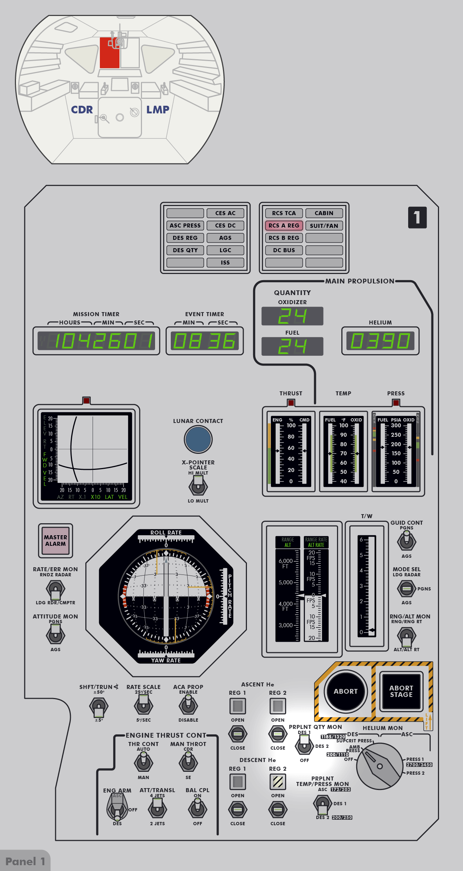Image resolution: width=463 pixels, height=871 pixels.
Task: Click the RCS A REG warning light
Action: click(284, 226)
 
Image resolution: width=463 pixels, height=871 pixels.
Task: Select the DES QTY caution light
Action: click(185, 250)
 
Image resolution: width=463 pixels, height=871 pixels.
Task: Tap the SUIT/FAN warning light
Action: click(324, 226)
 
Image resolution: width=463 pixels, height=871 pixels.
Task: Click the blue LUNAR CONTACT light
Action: click(198, 439)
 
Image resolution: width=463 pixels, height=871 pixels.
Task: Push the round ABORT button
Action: click(345, 691)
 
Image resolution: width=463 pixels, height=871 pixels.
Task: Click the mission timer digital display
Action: click(96, 341)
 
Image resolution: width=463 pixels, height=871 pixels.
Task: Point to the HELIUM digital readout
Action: click(380, 341)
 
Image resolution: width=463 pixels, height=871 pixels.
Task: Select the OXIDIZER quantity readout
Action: click(292, 316)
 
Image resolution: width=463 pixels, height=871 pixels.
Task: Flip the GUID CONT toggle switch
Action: click(406, 541)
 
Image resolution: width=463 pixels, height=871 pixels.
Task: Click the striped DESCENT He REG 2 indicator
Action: click(278, 782)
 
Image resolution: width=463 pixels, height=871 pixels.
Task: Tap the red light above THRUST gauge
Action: click(291, 403)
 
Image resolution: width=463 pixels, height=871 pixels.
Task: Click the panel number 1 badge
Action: click(417, 218)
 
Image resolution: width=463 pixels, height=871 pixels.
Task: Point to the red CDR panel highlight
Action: click(109, 53)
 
